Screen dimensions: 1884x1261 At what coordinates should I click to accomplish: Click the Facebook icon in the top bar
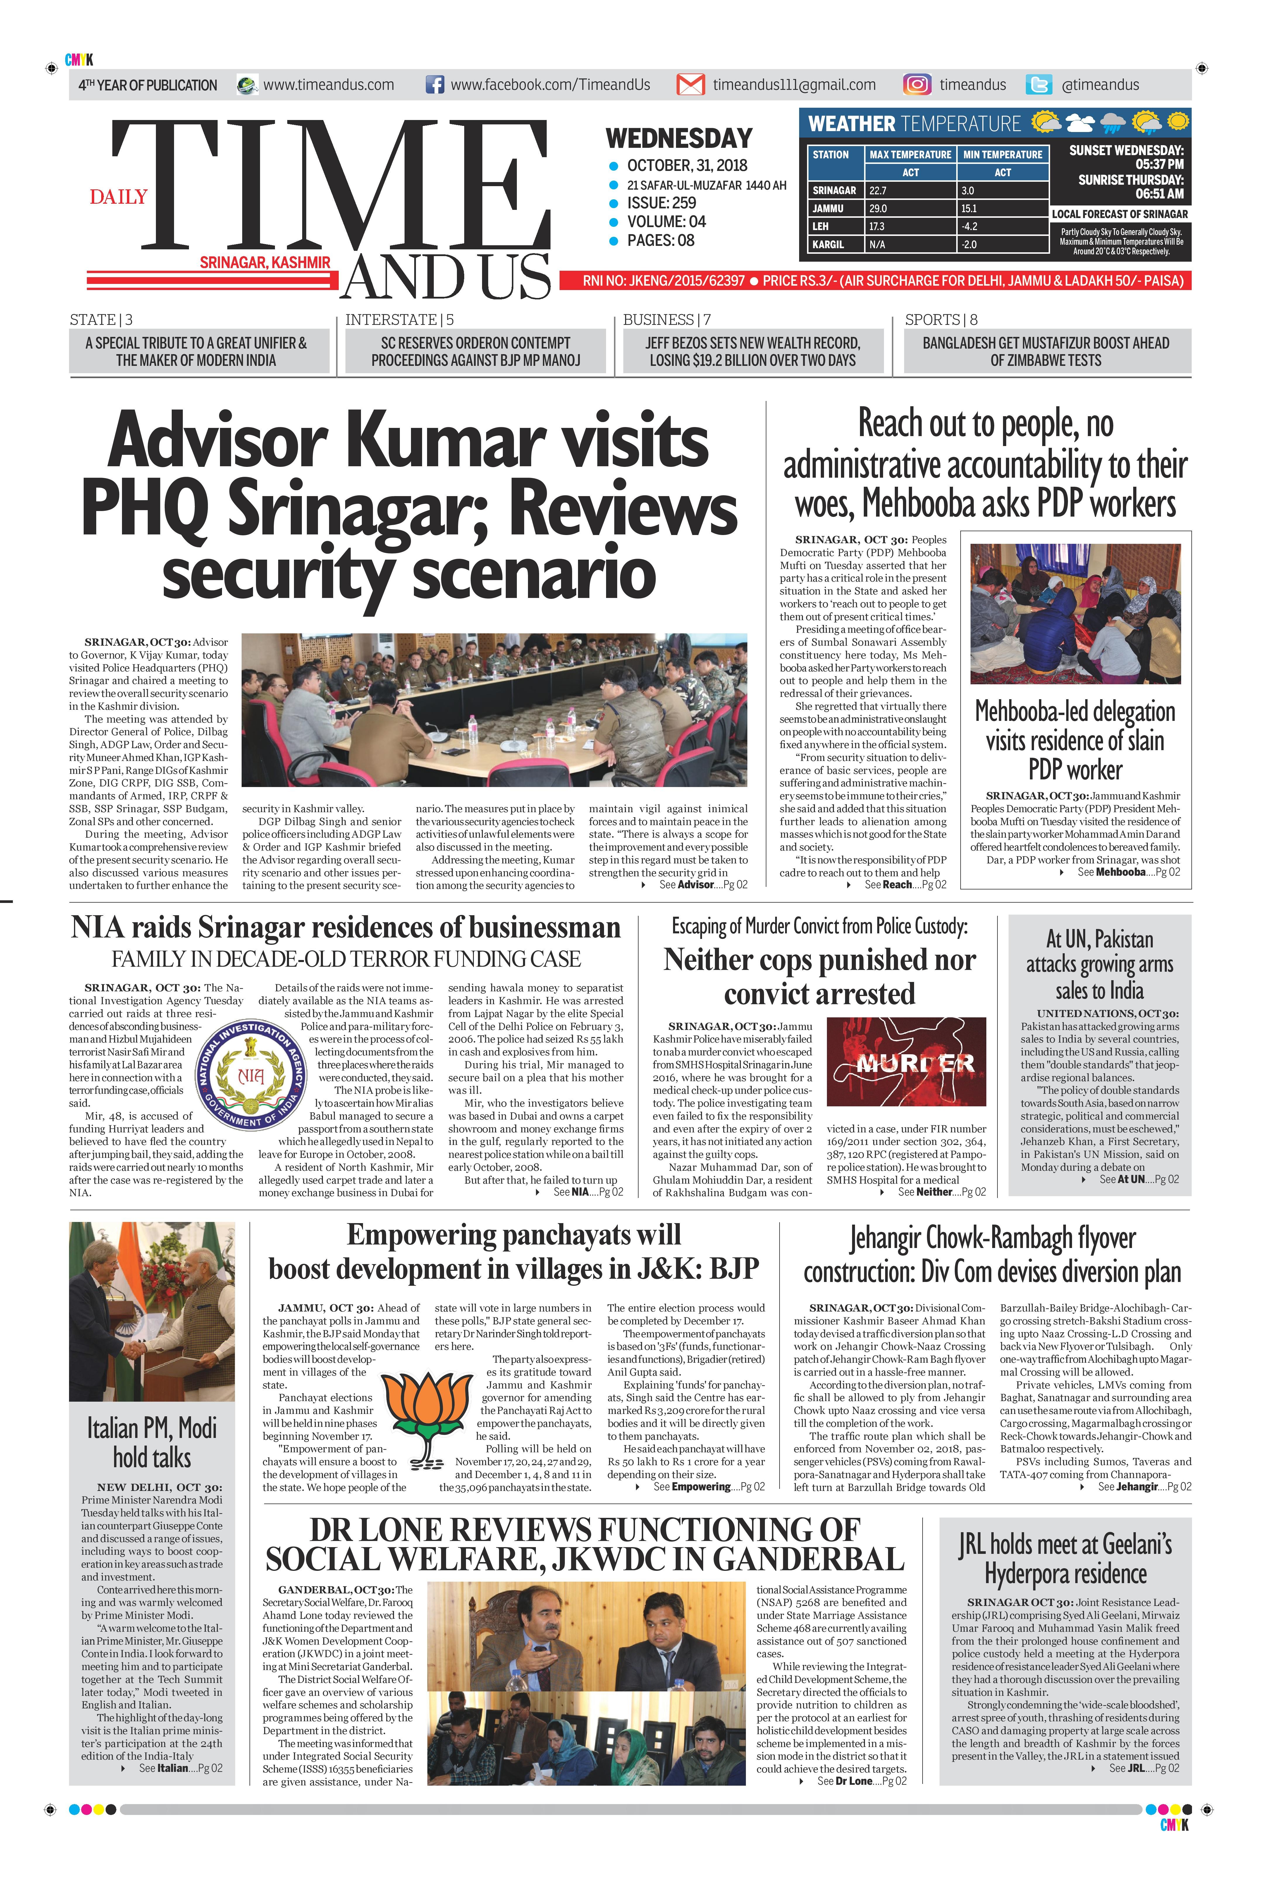pos(434,85)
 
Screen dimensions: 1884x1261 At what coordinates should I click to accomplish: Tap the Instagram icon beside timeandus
pos(917,85)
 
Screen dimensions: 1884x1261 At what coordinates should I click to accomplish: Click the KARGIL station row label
pos(828,245)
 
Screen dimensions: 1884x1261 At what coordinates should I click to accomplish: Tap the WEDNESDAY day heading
pos(679,138)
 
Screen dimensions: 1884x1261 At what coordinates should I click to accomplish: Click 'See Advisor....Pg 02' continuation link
pos(702,885)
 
